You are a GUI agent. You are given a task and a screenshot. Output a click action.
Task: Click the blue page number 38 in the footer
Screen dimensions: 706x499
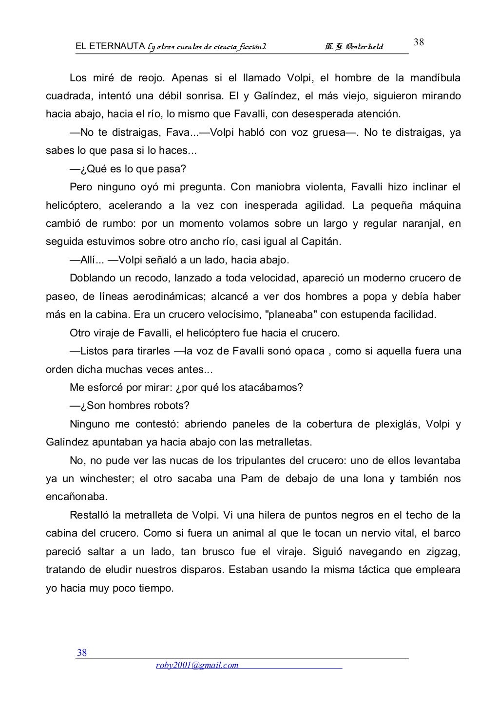[x=82, y=653]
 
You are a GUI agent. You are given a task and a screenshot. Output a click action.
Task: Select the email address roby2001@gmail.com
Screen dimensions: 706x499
[x=197, y=666]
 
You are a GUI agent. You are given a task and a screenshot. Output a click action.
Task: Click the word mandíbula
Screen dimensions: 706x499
[x=435, y=78]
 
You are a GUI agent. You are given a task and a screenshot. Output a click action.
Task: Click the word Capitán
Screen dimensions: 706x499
[x=320, y=242]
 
